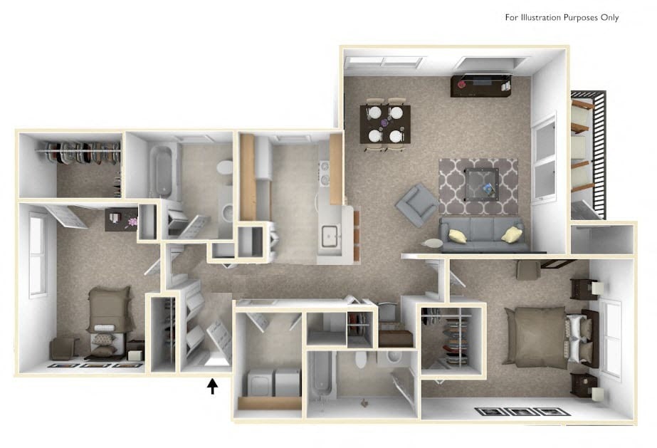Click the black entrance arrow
tap(211, 386)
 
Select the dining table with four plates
tap(385, 123)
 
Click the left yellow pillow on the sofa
tap(458, 236)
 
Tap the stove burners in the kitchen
tap(325, 172)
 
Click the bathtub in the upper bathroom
tap(164, 172)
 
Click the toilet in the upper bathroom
tap(225, 168)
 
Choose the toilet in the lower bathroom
tap(360, 358)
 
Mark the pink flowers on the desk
tap(132, 222)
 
